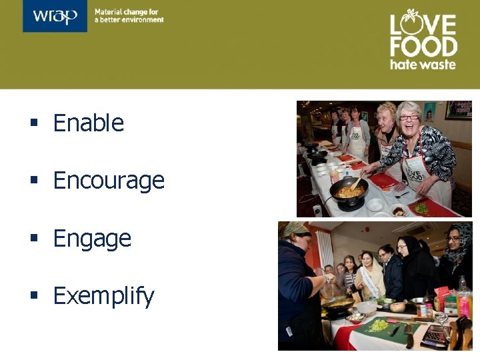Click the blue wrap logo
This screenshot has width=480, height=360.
click(x=55, y=17)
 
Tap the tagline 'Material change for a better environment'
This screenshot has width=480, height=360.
click(x=129, y=16)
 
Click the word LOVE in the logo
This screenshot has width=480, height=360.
click(x=423, y=24)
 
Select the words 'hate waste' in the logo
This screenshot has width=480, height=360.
click(x=423, y=65)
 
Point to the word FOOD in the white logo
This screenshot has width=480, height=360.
click(x=423, y=47)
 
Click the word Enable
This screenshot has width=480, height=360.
click(x=89, y=123)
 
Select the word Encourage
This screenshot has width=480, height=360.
click(x=109, y=181)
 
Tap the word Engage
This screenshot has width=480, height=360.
click(x=92, y=239)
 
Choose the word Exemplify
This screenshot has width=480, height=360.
click(x=103, y=296)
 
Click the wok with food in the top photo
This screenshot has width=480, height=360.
click(x=349, y=192)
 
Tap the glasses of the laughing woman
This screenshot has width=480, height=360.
click(x=408, y=117)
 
